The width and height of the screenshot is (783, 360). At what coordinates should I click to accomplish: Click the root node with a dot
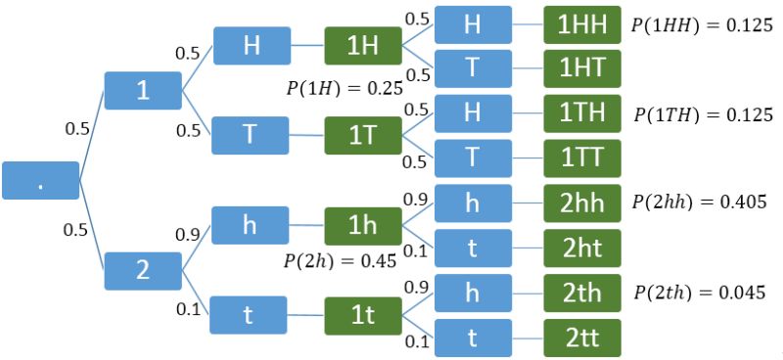pyautogui.click(x=40, y=181)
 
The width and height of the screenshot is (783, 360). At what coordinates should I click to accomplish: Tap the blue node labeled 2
pyautogui.click(x=143, y=270)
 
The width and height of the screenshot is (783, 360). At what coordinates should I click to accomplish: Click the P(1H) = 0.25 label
pyautogui.click(x=344, y=87)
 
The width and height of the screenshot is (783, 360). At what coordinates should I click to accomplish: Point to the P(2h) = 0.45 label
pyautogui.click(x=340, y=261)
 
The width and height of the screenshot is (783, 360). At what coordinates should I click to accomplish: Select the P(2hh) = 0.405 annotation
pyautogui.click(x=700, y=203)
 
